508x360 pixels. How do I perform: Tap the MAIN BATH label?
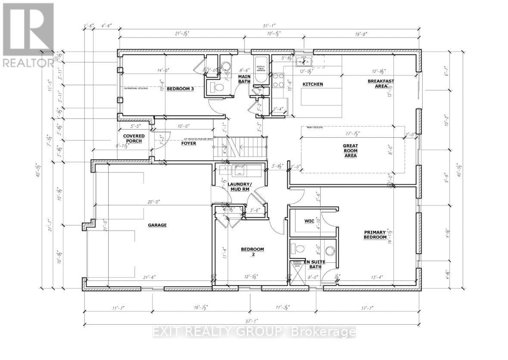[244, 79]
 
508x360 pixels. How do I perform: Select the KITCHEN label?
[312, 84]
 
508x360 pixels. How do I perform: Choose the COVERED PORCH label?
[134, 139]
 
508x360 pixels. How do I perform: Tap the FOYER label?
[189, 143]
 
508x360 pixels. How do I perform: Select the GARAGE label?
[157, 225]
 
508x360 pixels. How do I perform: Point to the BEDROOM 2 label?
[252, 252]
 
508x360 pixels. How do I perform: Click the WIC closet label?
[309, 221]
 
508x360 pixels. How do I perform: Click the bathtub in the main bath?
[262, 70]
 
